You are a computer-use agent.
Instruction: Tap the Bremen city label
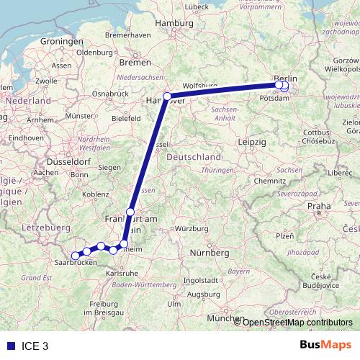point(135,63)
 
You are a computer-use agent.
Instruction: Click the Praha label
point(319,206)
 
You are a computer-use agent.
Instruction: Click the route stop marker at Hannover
point(167,96)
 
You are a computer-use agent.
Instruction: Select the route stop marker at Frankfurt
point(130,212)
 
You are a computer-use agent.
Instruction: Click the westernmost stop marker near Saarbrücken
point(76,255)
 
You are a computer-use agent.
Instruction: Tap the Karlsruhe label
point(121,274)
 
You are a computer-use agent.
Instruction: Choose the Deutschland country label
point(193,157)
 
